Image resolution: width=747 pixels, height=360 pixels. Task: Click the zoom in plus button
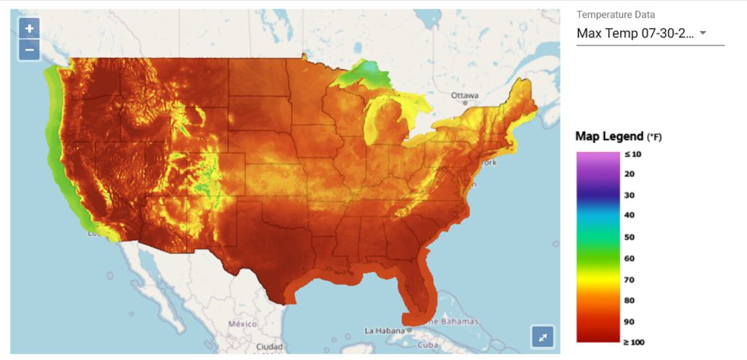[x=30, y=29]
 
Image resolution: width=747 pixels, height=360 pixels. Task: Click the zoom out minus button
[x=30, y=50]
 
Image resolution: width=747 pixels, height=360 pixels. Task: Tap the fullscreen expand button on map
[x=543, y=336]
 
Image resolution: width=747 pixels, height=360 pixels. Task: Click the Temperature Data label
[x=615, y=14]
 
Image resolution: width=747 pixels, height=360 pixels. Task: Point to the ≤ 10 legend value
[x=633, y=153]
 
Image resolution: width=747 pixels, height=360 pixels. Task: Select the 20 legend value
[x=629, y=174]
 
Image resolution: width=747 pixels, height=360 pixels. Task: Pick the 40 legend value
[x=629, y=215]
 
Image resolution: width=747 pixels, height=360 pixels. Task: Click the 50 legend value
[x=629, y=237]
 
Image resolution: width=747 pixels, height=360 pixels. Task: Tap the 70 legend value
[x=629, y=279]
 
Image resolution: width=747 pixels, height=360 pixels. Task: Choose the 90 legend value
[x=629, y=321]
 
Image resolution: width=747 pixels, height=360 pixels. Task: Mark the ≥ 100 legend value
[x=634, y=341]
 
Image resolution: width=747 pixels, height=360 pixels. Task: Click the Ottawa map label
[x=464, y=96]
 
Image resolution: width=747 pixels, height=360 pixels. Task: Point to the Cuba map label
[x=428, y=344]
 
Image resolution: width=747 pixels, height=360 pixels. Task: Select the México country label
[x=242, y=324]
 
